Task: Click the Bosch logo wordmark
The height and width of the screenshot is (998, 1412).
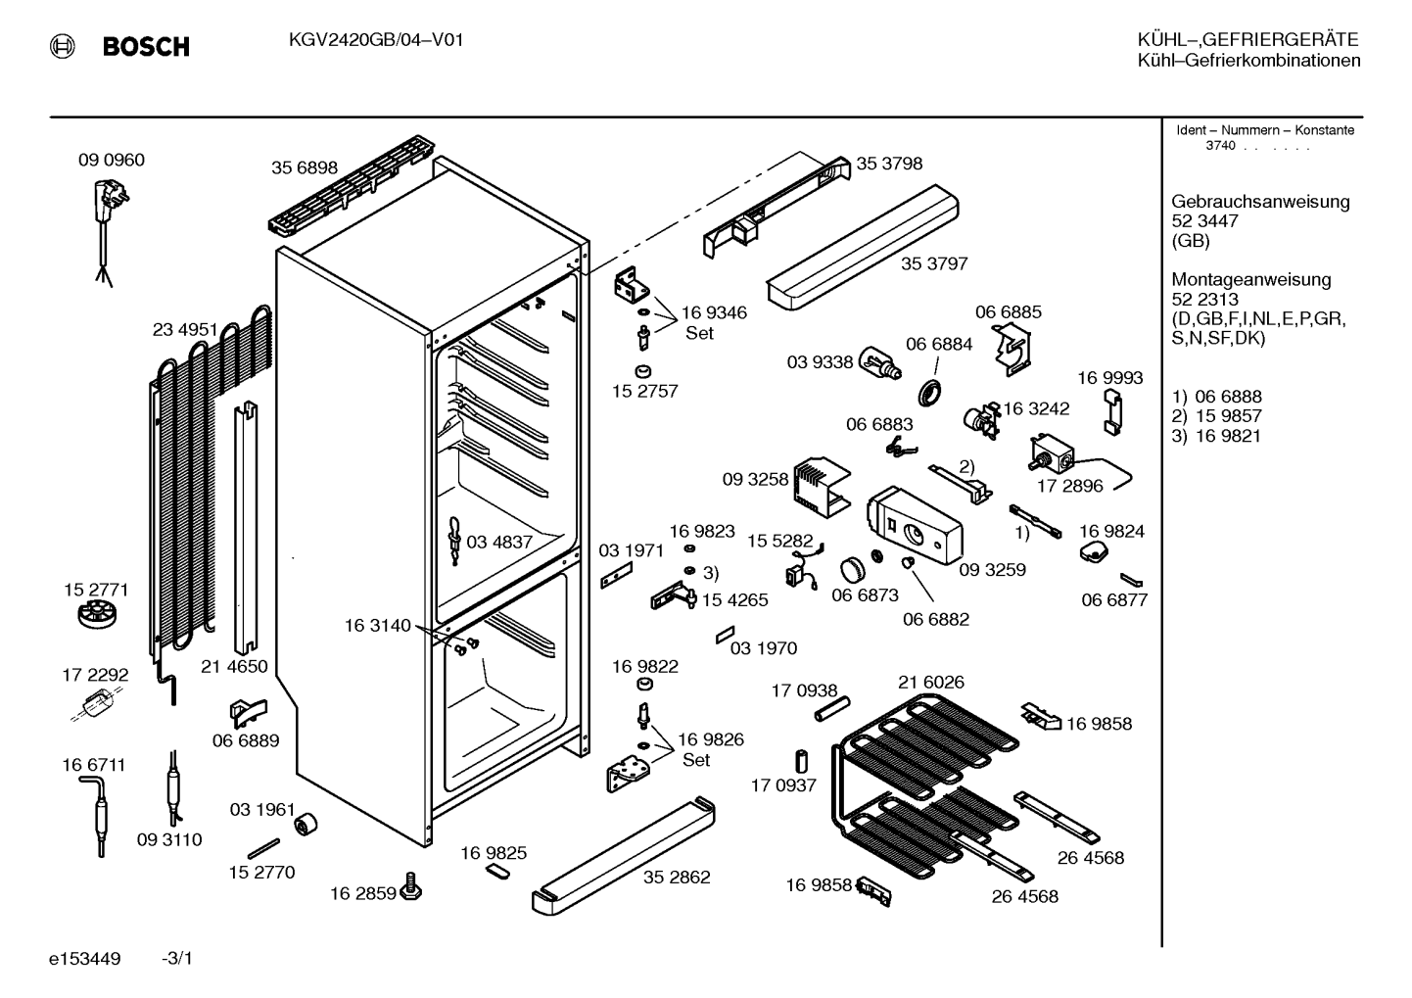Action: pos(146,47)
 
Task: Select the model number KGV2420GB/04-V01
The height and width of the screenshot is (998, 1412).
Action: pos(376,40)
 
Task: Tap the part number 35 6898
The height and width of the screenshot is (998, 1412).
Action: pos(305,167)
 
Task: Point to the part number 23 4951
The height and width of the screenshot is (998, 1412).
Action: pos(185,329)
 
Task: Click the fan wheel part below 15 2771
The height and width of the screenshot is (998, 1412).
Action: pos(98,614)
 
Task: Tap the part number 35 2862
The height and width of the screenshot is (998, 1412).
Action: pos(677,877)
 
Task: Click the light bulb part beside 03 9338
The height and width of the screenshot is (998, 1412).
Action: pos(879,363)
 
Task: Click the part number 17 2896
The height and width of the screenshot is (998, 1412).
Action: pos(1069,486)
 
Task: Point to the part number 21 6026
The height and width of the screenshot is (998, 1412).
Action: pos(931,682)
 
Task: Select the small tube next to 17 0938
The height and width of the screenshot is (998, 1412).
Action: pos(832,709)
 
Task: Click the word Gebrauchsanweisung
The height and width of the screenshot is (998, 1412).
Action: pos(1261,202)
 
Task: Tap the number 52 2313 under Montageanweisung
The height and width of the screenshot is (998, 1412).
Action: pos(1205,299)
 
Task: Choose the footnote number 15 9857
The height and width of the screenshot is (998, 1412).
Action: pos(1229,416)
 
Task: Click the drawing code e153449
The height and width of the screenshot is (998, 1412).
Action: pos(85,959)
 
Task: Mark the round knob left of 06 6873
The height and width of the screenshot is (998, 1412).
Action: pos(854,569)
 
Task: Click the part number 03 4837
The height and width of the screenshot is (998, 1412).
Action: pos(499,543)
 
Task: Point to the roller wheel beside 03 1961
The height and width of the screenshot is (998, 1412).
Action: pos(306,825)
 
